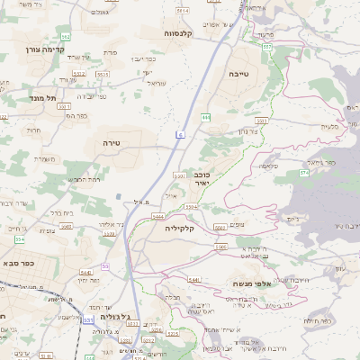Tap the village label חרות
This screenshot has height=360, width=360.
pos(36,130)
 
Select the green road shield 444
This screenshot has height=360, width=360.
pos(206,117)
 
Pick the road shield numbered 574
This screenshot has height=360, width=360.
pos(304,170)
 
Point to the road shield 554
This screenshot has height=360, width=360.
pos(19,238)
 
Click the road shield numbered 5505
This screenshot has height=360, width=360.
pos(220,246)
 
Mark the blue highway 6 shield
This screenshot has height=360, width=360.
pos(180,133)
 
